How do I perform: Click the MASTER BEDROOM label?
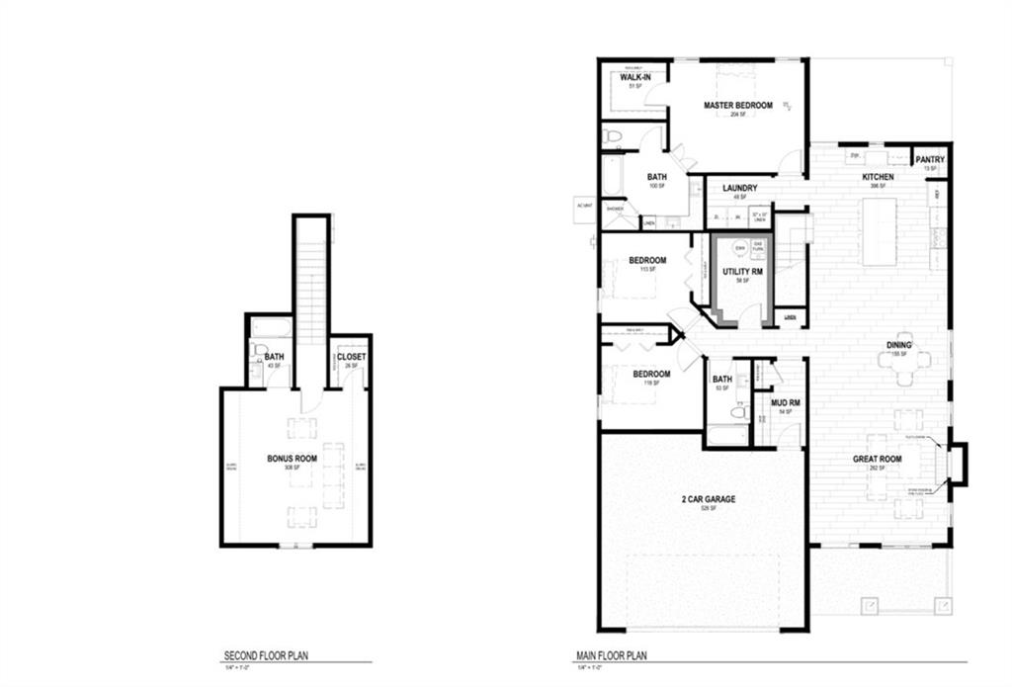737,105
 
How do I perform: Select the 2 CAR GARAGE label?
708,499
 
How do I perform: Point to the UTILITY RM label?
742,270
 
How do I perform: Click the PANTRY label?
929,159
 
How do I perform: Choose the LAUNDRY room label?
739,187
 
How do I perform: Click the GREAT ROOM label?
878,459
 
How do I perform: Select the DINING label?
898,345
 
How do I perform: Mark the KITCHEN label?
877,177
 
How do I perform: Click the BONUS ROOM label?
292,459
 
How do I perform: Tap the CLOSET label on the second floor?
351,357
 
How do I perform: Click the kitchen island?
879,231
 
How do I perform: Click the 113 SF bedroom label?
647,261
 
